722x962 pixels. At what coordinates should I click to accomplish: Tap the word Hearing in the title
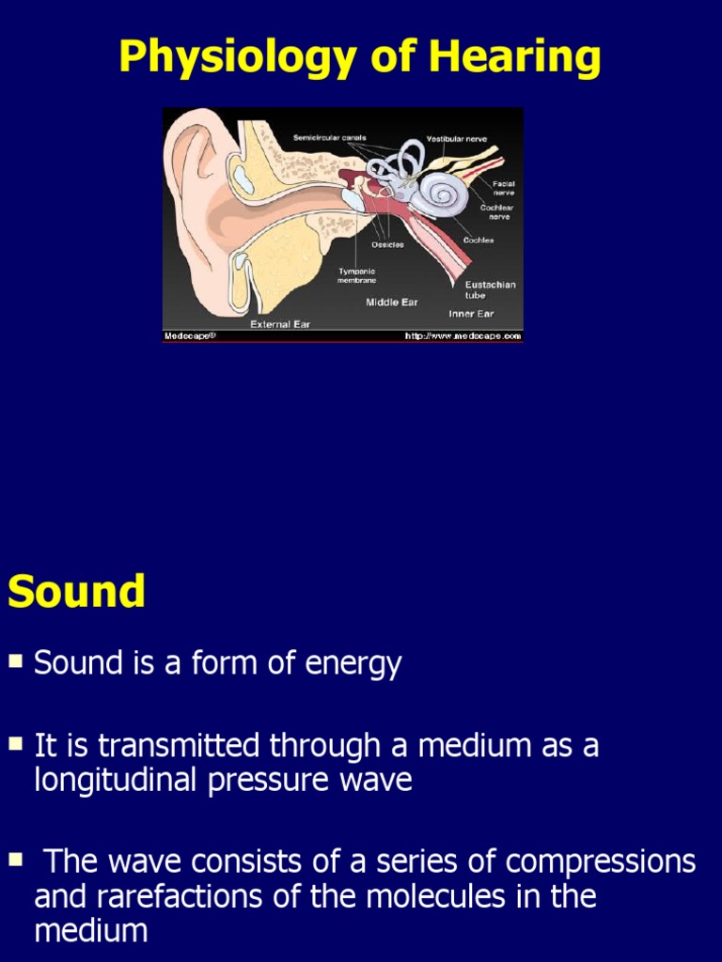[x=515, y=58]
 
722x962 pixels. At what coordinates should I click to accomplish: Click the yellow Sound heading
[x=76, y=592]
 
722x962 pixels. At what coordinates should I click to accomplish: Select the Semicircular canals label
[x=329, y=138]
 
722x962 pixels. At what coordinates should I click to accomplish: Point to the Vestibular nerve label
[x=457, y=139]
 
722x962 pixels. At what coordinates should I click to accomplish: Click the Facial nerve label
[x=503, y=188]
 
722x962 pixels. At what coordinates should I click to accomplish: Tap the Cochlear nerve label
[x=496, y=211]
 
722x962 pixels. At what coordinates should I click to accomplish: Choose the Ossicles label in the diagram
[x=387, y=244]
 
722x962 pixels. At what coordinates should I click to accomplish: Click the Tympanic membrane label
[x=356, y=275]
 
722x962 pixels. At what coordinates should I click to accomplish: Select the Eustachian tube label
[x=490, y=289]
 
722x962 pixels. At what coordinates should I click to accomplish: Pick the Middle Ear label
[x=391, y=303]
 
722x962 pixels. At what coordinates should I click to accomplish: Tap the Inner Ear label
[x=470, y=314]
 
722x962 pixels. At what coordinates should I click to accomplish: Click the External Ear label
[x=279, y=324]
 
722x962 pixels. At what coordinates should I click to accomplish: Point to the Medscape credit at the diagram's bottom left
[x=191, y=335]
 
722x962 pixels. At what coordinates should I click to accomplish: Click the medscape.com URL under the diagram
[x=463, y=335]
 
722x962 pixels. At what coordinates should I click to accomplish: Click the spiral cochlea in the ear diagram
[x=438, y=194]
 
